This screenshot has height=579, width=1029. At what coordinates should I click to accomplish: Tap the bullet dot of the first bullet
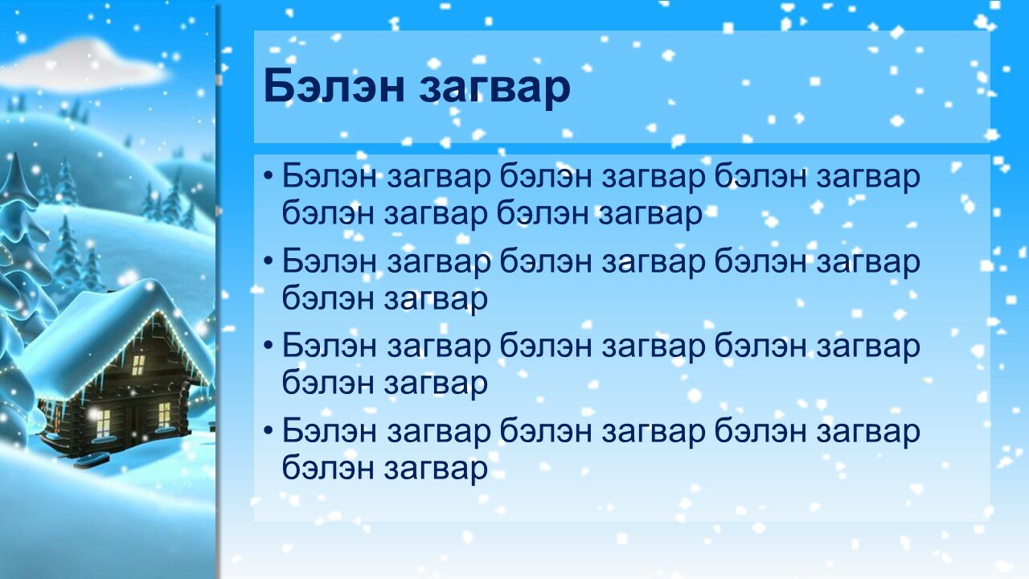269,176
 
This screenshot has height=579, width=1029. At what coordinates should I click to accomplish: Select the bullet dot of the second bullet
269,261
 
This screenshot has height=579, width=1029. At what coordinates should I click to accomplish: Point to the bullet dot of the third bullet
269,346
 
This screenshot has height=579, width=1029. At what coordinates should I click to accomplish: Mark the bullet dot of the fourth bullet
269,431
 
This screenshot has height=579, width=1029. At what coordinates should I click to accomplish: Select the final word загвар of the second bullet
436,301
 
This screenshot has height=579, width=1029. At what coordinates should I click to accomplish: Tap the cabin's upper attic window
138,365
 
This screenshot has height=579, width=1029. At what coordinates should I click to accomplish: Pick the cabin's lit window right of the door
165,415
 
